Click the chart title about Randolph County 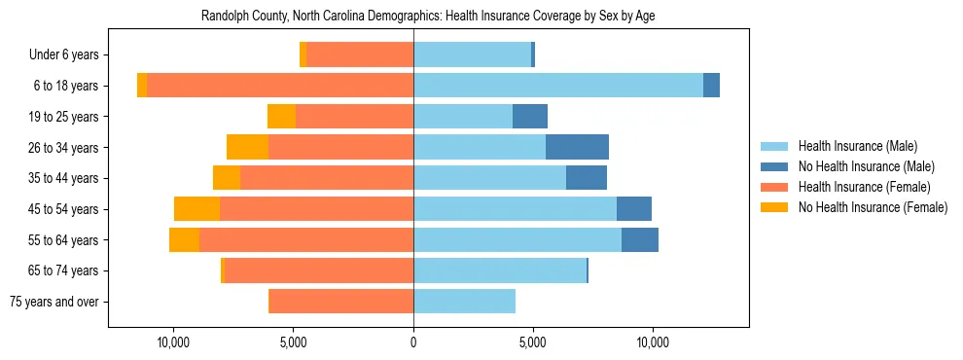point(428,17)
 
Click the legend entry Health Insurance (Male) point(857,146)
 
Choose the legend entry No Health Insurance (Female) point(873,207)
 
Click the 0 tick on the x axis point(413,342)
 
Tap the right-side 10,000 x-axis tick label point(653,342)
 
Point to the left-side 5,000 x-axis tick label point(293,342)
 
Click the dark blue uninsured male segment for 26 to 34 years point(577,147)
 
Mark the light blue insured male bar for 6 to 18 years point(558,86)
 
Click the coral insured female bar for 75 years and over point(340,302)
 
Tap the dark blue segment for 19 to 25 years point(530,117)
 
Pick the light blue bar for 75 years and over point(464,302)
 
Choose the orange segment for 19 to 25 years point(281,117)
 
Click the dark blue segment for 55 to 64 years point(640,239)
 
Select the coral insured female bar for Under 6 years point(360,54)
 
